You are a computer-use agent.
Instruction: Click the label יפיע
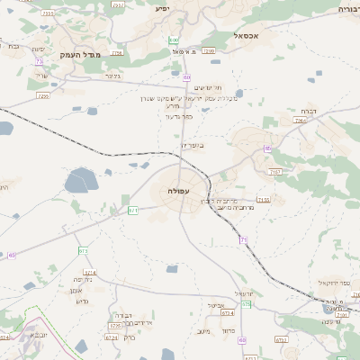(x=162, y=8)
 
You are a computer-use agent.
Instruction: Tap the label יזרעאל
(x=245, y=293)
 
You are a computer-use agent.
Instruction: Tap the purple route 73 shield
(x=40, y=61)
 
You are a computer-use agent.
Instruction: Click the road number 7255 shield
(x=42, y=94)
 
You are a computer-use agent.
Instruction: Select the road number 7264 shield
(x=299, y=119)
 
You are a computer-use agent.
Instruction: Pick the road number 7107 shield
(x=275, y=171)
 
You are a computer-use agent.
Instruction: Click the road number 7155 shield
(x=263, y=200)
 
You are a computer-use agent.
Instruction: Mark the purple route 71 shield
(x=243, y=239)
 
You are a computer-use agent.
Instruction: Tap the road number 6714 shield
(x=89, y=271)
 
